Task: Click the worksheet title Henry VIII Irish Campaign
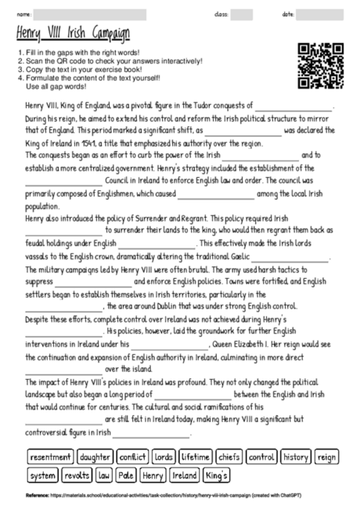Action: pyautogui.click(x=73, y=34)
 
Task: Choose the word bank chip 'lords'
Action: pyautogui.click(x=164, y=457)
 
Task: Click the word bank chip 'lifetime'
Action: pyautogui.click(x=196, y=457)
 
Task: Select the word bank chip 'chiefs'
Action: pyautogui.click(x=229, y=457)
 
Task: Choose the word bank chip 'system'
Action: pyautogui.click(x=42, y=475)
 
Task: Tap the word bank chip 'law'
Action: pyautogui.click(x=104, y=475)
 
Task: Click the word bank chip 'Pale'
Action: pyautogui.click(x=126, y=475)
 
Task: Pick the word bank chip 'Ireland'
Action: pyautogui.click(x=184, y=475)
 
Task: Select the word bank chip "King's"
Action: pyautogui.click(x=216, y=475)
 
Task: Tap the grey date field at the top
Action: pyautogui.click(x=322, y=14)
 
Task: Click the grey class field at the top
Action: pyautogui.click(x=242, y=14)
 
